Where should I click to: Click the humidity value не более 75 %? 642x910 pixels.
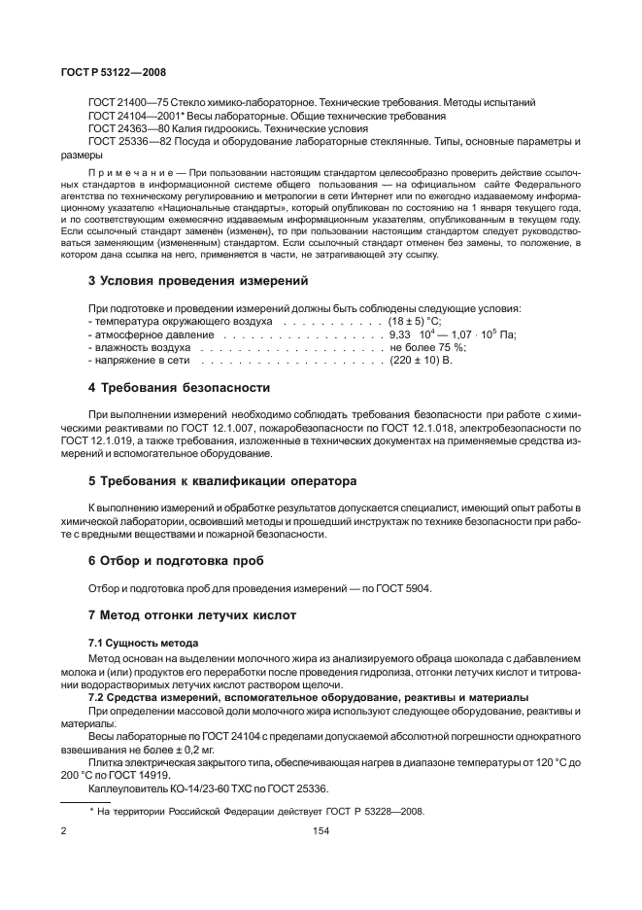pyautogui.click(x=428, y=347)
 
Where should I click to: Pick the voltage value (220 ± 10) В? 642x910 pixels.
pyautogui.click(x=422, y=360)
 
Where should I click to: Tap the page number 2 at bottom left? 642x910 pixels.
pyautogui.click(x=62, y=832)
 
